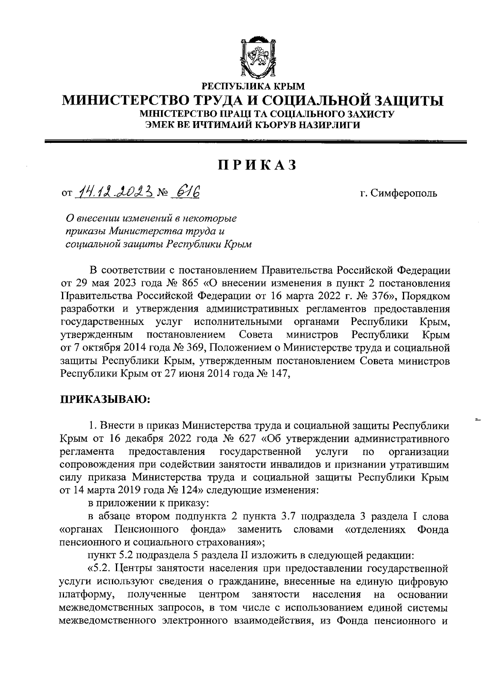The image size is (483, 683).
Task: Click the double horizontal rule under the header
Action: click(x=256, y=141)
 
